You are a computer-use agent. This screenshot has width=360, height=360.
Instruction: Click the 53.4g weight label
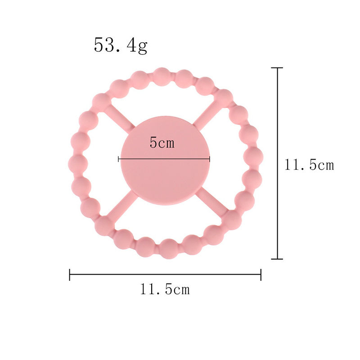pos(121,46)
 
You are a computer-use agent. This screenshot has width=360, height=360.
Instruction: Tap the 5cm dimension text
pos(162,143)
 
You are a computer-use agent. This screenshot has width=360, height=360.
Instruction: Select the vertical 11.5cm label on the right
pos(309,165)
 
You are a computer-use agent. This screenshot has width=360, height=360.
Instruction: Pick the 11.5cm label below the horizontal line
pos(165,289)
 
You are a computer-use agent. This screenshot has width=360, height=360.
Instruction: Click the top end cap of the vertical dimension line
pos(277,68)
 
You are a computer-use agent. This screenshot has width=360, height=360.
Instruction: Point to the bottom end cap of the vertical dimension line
pos(277,259)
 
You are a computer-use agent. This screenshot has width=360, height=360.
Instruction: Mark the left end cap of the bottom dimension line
pos(70,274)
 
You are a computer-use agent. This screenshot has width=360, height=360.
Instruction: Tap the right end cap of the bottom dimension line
pos(261,274)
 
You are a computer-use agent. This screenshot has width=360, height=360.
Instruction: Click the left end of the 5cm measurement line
pos(118,159)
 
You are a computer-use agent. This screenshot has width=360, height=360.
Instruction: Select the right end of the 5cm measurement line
pos(209,159)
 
